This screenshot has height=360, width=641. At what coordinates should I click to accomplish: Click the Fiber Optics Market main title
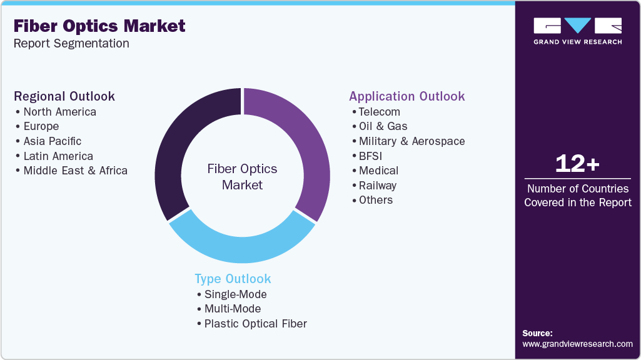point(99,26)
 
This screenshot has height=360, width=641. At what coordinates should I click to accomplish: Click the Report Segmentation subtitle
point(71,44)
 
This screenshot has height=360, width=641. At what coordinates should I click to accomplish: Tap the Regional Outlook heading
point(64,96)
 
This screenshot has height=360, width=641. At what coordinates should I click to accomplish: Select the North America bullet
point(59,112)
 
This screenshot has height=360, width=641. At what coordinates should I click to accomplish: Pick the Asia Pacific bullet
point(52,141)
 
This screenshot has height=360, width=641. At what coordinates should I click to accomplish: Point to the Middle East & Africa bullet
point(75,171)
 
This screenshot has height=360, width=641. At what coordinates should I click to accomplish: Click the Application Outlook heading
point(407,96)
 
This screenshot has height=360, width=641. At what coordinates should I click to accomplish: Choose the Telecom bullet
point(379,112)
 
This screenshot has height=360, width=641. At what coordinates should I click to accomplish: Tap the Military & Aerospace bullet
point(411,141)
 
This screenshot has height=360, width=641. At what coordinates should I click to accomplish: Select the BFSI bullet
point(370,156)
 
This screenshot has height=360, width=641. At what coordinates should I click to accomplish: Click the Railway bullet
point(377,186)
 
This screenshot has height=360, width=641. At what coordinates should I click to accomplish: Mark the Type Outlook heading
point(233,279)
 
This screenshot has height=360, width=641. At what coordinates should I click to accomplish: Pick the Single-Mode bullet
point(235,294)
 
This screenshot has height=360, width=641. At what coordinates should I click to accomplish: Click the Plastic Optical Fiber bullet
point(255,324)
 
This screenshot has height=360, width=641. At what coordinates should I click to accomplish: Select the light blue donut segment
point(241,245)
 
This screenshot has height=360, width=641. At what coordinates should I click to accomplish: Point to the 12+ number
point(577,164)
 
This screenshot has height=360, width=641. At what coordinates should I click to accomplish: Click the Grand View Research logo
point(577,31)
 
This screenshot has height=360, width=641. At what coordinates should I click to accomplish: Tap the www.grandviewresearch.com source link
point(577,344)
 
